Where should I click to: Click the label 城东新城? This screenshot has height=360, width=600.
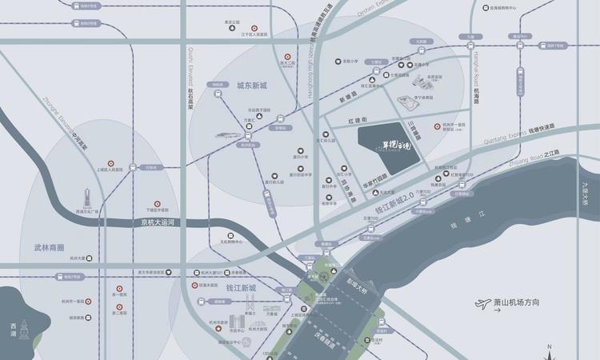(x=251, y=86)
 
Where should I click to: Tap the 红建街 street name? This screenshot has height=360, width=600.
(x=357, y=120)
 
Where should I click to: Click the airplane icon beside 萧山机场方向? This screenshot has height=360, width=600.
(x=482, y=304)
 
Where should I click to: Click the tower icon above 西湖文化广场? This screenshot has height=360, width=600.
(x=88, y=196)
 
